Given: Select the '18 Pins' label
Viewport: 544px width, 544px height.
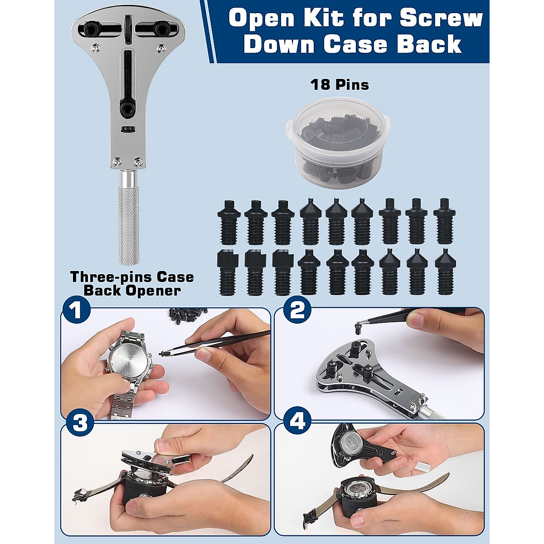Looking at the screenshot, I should pos(340,85).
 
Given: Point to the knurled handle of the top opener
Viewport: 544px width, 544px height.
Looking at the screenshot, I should pos(129,227).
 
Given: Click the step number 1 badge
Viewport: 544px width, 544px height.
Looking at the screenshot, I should pos(77,311).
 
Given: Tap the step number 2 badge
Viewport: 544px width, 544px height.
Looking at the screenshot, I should pos(297,311).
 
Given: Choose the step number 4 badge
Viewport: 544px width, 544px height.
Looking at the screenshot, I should pos(297,422).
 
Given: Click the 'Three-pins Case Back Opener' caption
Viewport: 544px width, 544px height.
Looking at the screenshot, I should pos(132,283).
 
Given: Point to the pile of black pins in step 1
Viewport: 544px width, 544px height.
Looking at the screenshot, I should pos(186,315).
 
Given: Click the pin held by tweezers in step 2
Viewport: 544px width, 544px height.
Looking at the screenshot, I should pos(359,325).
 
